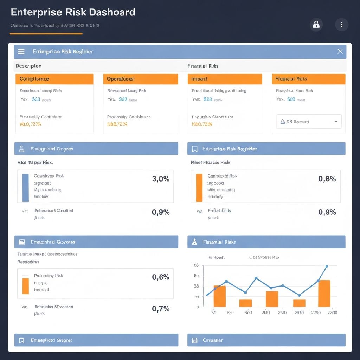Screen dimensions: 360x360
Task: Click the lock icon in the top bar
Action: point(316,25)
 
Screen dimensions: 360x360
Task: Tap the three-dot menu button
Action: point(341,25)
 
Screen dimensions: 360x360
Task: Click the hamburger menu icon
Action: point(21,52)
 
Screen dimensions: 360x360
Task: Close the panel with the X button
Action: point(340,51)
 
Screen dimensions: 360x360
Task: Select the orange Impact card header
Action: point(225,79)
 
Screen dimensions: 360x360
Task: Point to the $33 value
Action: point(36,99)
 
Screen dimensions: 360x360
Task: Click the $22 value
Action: point(123,99)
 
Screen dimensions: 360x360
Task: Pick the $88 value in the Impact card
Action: point(208,99)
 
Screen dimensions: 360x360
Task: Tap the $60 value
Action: point(291,99)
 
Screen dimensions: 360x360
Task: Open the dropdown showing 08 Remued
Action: point(309,122)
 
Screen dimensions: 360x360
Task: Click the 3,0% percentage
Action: point(161,179)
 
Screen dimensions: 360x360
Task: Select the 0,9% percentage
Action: point(161,212)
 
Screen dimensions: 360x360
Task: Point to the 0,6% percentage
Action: point(161,277)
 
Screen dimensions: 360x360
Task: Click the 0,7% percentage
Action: point(161,309)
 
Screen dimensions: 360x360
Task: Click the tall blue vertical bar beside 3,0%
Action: point(25,188)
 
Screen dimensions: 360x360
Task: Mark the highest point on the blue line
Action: point(327,266)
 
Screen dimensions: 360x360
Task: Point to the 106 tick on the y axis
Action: point(195,265)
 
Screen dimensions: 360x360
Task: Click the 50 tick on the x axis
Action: point(213,313)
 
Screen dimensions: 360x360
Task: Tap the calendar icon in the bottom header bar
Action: point(194,340)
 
